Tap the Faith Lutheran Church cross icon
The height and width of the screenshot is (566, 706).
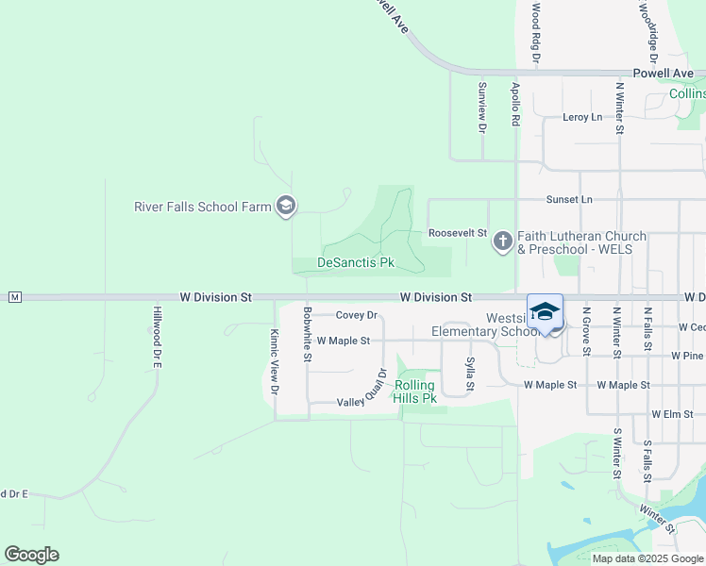click(x=502, y=242)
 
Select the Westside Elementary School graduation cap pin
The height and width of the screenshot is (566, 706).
click(x=546, y=311)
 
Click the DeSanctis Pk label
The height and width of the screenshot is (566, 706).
click(x=356, y=262)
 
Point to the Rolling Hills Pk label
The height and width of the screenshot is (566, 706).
click(x=415, y=391)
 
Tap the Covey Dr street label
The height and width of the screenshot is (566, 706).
click(x=357, y=315)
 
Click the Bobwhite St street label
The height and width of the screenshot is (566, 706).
click(x=308, y=334)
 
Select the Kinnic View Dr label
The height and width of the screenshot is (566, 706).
click(x=275, y=361)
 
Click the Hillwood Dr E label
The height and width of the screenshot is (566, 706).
click(x=159, y=336)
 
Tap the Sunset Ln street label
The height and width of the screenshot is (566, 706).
click(x=569, y=200)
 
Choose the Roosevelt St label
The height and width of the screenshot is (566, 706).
click(x=457, y=233)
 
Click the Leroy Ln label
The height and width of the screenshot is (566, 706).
click(x=581, y=117)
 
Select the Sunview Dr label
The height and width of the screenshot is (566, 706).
click(x=481, y=106)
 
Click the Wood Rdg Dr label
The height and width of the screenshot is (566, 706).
click(x=535, y=32)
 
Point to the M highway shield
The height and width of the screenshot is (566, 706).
click(x=14, y=297)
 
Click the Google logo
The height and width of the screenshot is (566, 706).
click(x=31, y=555)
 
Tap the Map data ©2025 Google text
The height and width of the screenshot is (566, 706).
click(x=647, y=558)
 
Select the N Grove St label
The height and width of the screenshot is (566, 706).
click(x=586, y=330)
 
